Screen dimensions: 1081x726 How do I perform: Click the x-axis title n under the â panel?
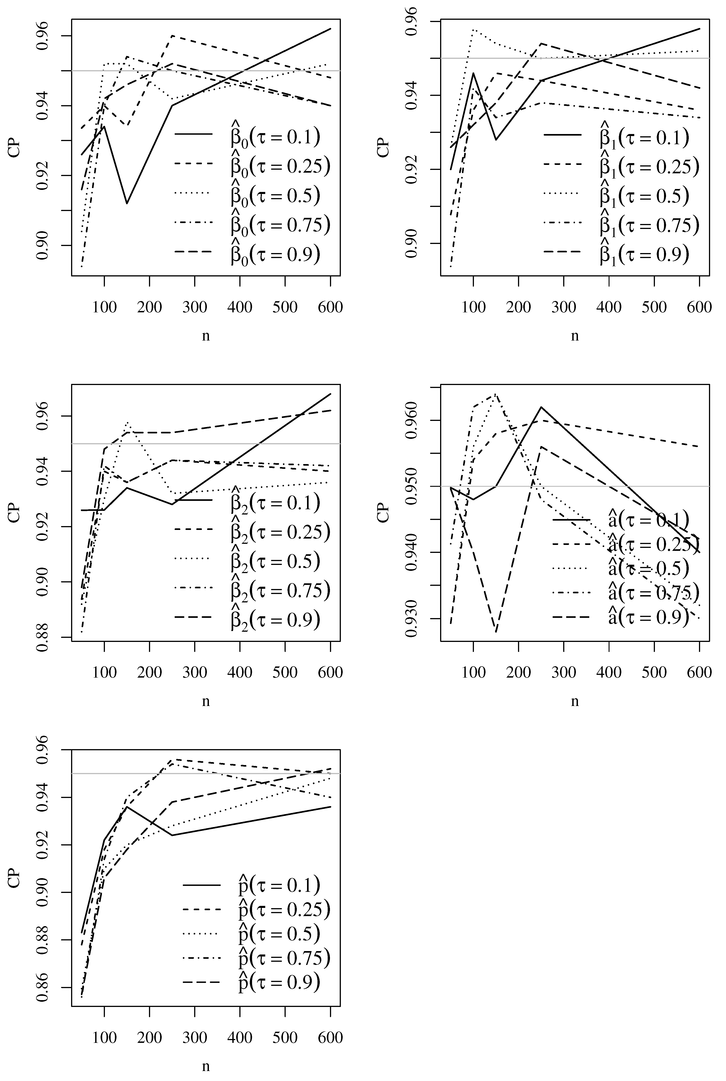[575, 701]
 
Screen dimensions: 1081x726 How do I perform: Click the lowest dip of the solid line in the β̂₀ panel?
[126, 203]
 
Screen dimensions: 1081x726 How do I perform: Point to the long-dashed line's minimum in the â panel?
[496, 631]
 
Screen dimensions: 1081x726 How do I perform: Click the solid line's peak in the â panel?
[541, 407]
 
